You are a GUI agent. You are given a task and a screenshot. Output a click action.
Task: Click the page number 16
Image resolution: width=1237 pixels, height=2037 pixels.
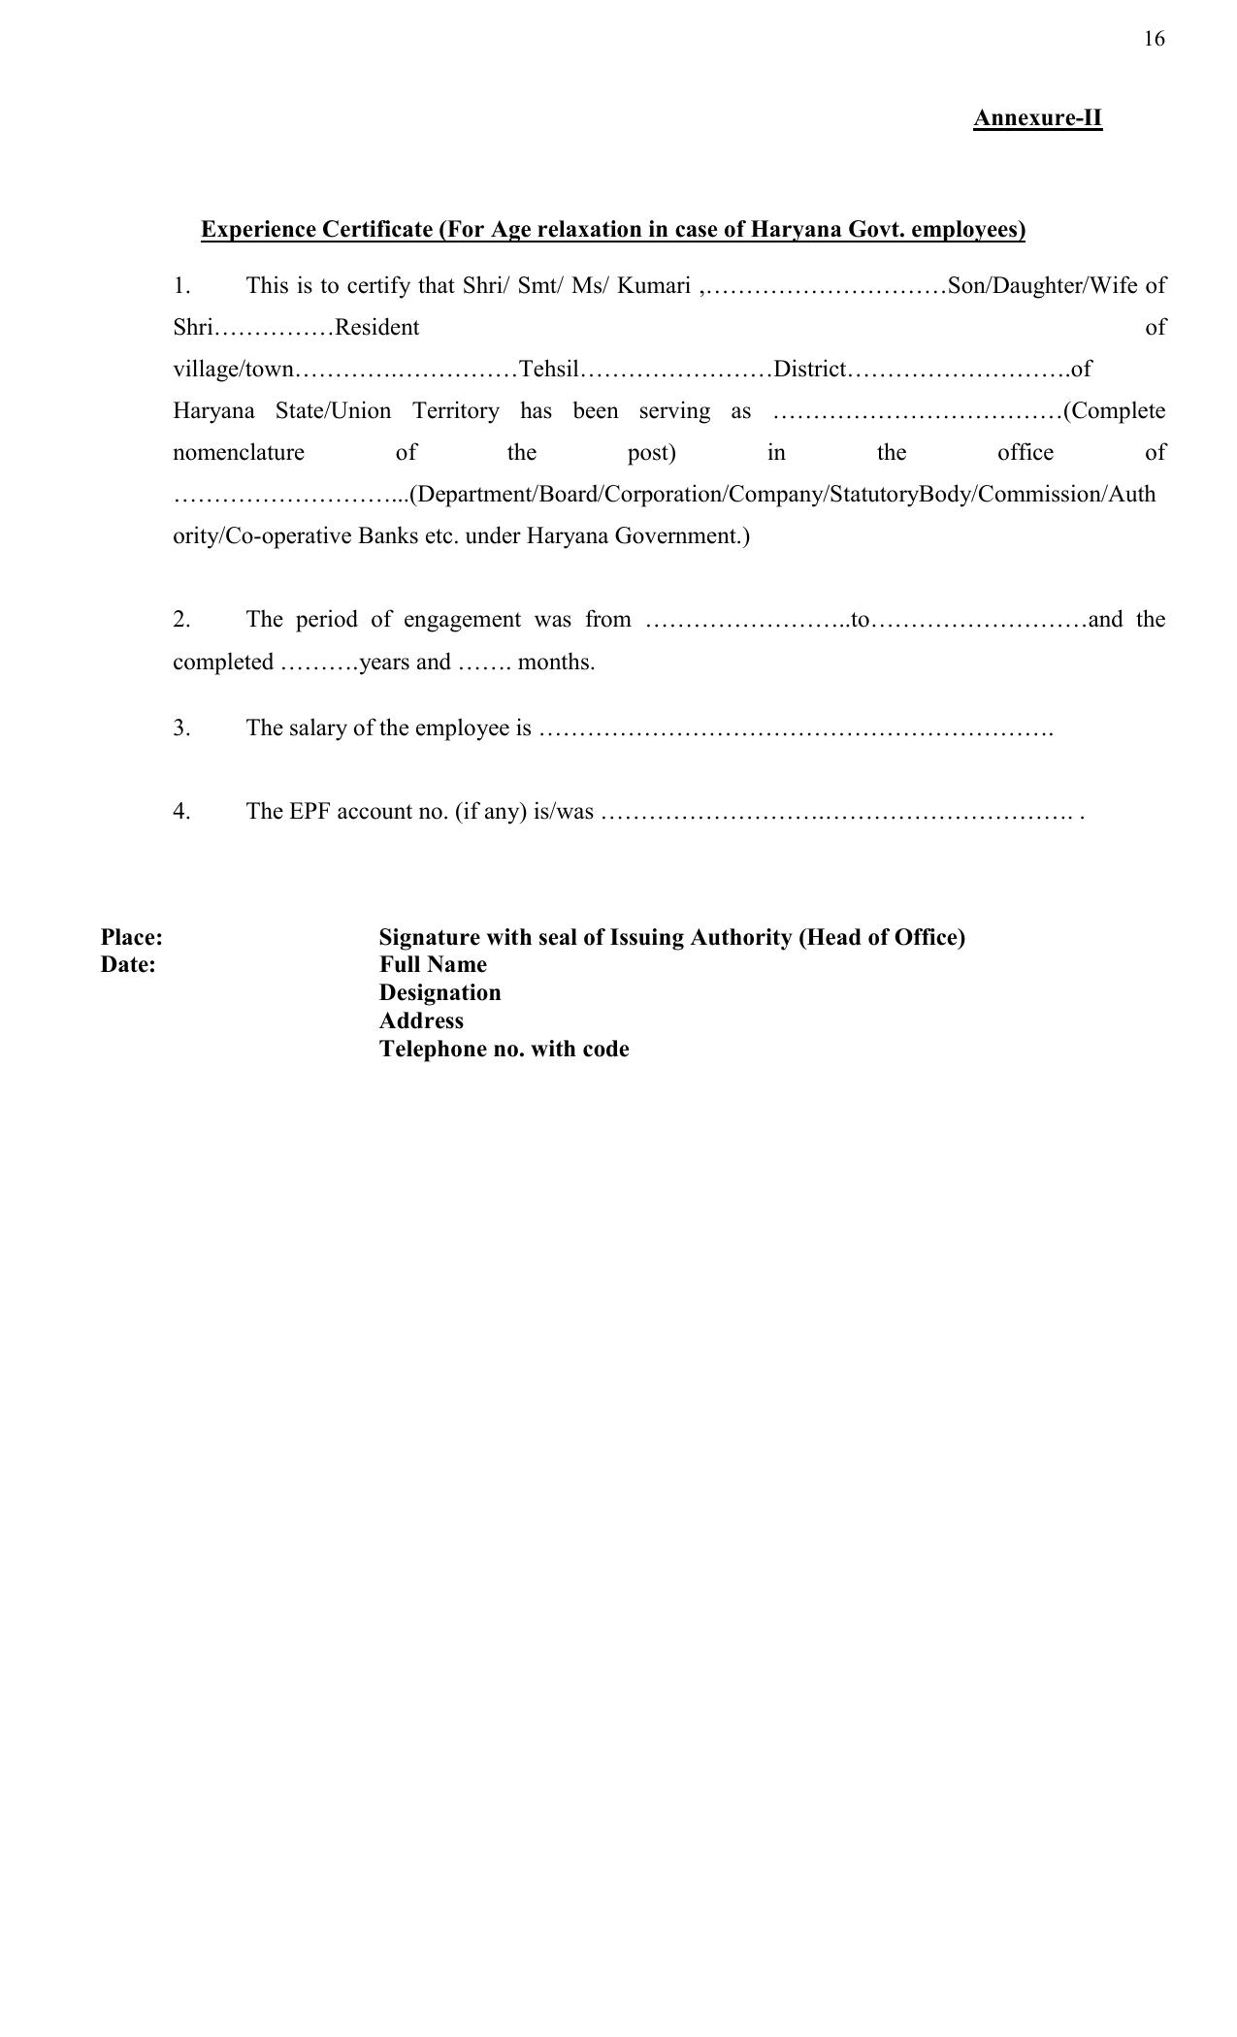click(x=1154, y=39)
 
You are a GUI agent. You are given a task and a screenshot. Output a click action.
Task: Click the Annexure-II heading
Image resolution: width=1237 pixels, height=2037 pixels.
click(x=1037, y=118)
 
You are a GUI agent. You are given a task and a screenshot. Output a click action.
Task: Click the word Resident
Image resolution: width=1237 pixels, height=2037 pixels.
click(x=376, y=328)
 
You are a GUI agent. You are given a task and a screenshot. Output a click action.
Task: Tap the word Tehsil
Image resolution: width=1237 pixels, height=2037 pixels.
click(x=549, y=370)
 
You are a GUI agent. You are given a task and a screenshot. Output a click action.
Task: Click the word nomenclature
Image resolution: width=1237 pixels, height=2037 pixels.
click(x=239, y=453)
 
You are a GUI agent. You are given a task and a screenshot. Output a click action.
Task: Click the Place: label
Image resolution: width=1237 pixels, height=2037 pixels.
click(x=131, y=938)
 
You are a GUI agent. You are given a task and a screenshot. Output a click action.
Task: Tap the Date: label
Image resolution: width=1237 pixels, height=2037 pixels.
click(x=128, y=965)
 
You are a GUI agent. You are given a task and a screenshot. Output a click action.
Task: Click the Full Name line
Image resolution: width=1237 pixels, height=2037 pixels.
click(x=433, y=965)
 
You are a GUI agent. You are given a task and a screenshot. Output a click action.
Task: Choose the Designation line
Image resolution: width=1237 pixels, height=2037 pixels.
click(x=439, y=993)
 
